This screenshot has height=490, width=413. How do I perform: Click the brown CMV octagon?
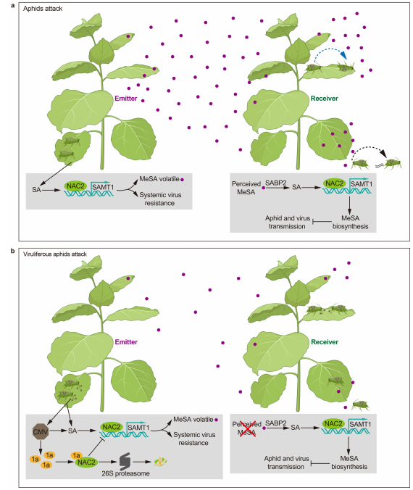point(41,431)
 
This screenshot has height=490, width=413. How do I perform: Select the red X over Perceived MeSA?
point(247,428)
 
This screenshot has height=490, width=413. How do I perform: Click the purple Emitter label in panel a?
point(126,99)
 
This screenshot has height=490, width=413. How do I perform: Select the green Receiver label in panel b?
point(325,342)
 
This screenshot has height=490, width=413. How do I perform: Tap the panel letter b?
point(13,251)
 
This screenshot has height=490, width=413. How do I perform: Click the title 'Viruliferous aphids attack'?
point(55,254)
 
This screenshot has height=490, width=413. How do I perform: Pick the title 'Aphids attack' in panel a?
point(43,9)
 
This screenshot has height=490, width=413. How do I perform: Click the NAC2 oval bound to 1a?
point(86,462)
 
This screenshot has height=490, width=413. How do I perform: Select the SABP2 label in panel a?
point(276,183)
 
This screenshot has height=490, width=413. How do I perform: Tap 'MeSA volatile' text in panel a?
point(159,179)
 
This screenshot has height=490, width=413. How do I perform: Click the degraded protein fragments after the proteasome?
point(160,461)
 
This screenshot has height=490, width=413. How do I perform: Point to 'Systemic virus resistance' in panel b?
point(193,439)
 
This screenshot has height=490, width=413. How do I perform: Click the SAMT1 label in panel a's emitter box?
point(103,187)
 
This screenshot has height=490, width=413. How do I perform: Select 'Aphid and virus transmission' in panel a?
point(288,223)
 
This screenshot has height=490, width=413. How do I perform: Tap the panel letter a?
point(13,5)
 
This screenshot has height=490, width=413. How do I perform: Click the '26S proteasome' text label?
point(125,473)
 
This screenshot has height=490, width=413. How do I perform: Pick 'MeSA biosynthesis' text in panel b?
point(349,462)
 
